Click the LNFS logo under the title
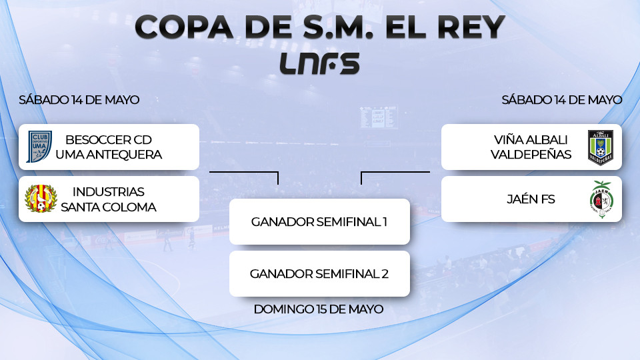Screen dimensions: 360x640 (320, 63)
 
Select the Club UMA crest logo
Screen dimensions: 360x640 (39, 147)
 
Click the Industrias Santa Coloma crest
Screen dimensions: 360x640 (41, 199)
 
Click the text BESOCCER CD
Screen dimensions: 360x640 (109, 140)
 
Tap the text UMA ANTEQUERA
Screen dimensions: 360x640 (109, 155)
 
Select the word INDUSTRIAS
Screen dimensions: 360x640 (109, 192)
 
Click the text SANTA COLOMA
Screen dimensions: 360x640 (109, 207)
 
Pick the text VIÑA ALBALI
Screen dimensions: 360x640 (531, 140)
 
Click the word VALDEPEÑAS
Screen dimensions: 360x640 (531, 155)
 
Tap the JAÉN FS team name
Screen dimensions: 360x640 (531, 199)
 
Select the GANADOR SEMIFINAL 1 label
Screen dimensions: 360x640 (319, 221)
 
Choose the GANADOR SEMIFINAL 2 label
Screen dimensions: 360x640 (319, 273)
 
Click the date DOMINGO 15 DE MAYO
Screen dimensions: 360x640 (319, 309)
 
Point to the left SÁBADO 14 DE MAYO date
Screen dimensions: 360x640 (79, 100)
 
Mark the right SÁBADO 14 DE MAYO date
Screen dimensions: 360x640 (562, 100)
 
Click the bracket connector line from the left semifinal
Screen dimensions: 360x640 (244, 172)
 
